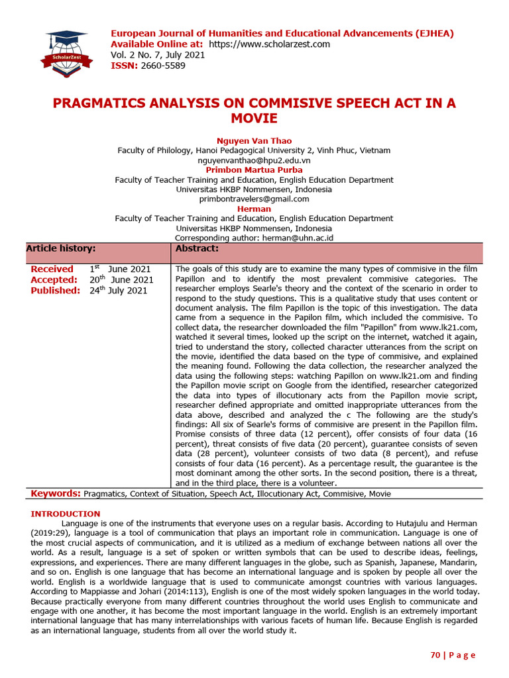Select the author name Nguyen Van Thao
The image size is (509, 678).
point(254,141)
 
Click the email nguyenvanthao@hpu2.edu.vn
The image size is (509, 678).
point(254,160)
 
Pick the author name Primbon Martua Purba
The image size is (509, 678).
point(254,170)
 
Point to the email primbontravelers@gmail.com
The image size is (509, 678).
point(254,199)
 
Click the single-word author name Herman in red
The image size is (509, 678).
point(254,209)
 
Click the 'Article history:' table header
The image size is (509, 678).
point(61,248)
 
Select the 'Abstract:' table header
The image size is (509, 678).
point(197,248)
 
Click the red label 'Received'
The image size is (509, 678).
point(52,269)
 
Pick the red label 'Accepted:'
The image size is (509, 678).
point(54,279)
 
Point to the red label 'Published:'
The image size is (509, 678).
point(56,290)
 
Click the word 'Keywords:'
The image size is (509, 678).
point(56,493)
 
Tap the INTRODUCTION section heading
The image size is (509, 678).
point(66,514)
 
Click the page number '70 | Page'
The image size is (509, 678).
point(453,655)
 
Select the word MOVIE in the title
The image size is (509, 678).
point(254,119)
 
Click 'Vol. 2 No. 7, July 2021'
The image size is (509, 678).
point(158,55)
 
